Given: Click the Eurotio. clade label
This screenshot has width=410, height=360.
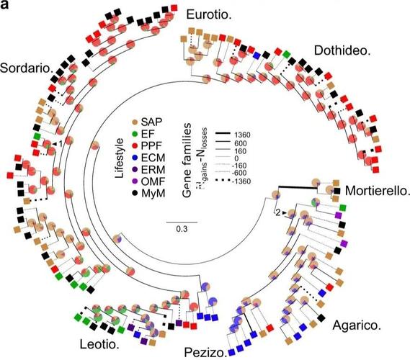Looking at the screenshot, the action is pyautogui.click(x=209, y=14).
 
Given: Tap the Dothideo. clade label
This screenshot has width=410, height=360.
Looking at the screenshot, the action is pyautogui.click(x=342, y=50).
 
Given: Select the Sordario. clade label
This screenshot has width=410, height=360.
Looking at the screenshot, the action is pyautogui.click(x=26, y=68).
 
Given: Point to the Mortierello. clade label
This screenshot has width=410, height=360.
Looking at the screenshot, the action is pyautogui.click(x=376, y=191).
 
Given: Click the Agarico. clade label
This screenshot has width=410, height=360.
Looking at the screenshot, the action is pyautogui.click(x=357, y=325).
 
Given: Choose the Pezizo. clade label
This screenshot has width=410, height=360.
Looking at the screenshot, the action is pyautogui.click(x=205, y=352).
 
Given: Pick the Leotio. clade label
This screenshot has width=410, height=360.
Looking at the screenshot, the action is pyautogui.click(x=99, y=345).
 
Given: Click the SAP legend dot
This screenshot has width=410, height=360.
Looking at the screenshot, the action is pyautogui.click(x=135, y=122).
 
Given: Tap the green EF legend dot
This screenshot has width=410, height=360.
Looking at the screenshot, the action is pyautogui.click(x=135, y=134).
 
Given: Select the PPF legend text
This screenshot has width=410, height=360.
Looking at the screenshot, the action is pyautogui.click(x=151, y=145).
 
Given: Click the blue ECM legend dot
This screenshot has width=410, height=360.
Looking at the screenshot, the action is pyautogui.click(x=135, y=158).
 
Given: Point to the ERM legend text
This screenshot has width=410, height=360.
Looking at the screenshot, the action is pyautogui.click(x=153, y=170).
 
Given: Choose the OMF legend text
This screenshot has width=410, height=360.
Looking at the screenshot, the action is pyautogui.click(x=153, y=181).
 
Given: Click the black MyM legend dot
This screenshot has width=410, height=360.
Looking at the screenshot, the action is pyautogui.click(x=135, y=194).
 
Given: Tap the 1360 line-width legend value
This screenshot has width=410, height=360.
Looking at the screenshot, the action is pyautogui.click(x=242, y=135).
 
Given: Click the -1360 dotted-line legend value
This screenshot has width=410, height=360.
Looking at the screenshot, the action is pyautogui.click(x=241, y=181).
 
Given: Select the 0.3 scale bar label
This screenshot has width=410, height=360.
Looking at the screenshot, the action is pyautogui.click(x=182, y=229).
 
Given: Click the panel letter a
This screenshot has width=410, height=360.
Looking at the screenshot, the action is pyautogui.click(x=4, y=4).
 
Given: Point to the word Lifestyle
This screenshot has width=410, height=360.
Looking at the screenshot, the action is pyautogui.click(x=119, y=158).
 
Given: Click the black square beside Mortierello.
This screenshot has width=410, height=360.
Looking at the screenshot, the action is pyautogui.click(x=337, y=191).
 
